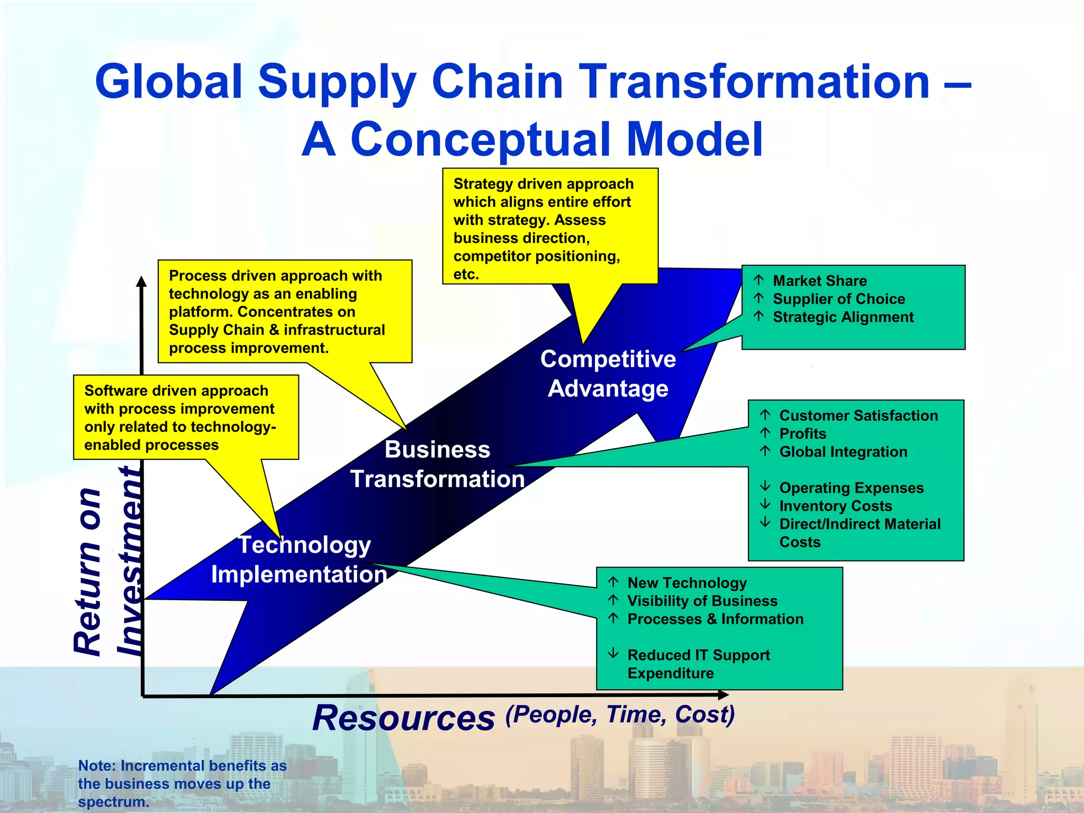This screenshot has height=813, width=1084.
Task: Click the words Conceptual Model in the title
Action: (x=556, y=140)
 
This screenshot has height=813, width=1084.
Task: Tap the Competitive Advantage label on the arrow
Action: (x=608, y=374)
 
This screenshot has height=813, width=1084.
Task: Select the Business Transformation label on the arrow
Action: (x=437, y=464)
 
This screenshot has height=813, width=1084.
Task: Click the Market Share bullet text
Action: (x=819, y=281)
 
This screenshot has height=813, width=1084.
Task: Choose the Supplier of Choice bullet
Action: (x=838, y=299)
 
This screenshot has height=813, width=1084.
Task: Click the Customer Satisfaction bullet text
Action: (x=858, y=415)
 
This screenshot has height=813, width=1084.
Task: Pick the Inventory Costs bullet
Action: (x=835, y=506)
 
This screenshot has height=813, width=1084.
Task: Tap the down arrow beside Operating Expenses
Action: (x=765, y=486)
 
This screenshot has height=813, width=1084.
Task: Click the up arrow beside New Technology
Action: (x=613, y=582)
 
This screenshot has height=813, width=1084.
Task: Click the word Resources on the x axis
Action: (x=403, y=718)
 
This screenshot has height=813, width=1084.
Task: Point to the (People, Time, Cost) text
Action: (x=620, y=715)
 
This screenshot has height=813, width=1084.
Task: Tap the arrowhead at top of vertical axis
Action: (x=141, y=281)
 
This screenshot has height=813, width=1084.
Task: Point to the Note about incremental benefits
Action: (x=182, y=783)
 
